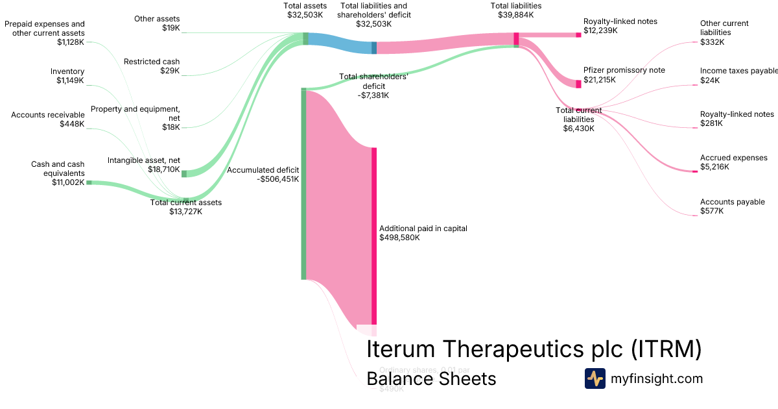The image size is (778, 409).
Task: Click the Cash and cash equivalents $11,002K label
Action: point(58,173)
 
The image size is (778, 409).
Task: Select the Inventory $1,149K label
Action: point(67,76)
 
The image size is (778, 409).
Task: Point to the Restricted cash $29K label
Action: point(152,66)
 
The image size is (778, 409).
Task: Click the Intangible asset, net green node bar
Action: point(184,173)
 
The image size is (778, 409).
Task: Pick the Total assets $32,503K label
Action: point(305,10)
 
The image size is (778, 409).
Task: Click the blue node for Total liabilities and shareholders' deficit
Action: point(374,47)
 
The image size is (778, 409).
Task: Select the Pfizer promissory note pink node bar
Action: point(578,84)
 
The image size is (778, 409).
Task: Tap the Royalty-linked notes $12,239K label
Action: point(620,26)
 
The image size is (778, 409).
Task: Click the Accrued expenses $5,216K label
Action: point(733,162)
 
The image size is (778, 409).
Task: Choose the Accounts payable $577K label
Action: point(732,206)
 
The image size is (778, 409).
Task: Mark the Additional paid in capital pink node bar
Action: point(374,237)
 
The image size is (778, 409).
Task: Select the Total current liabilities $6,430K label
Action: point(579,119)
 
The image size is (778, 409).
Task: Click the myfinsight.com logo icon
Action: point(595,378)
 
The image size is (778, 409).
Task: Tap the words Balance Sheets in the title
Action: point(431,378)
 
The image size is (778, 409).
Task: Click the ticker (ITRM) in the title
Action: point(666,349)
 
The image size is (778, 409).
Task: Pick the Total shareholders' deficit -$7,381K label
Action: point(373,86)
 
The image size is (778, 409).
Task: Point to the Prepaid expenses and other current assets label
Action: point(45,32)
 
